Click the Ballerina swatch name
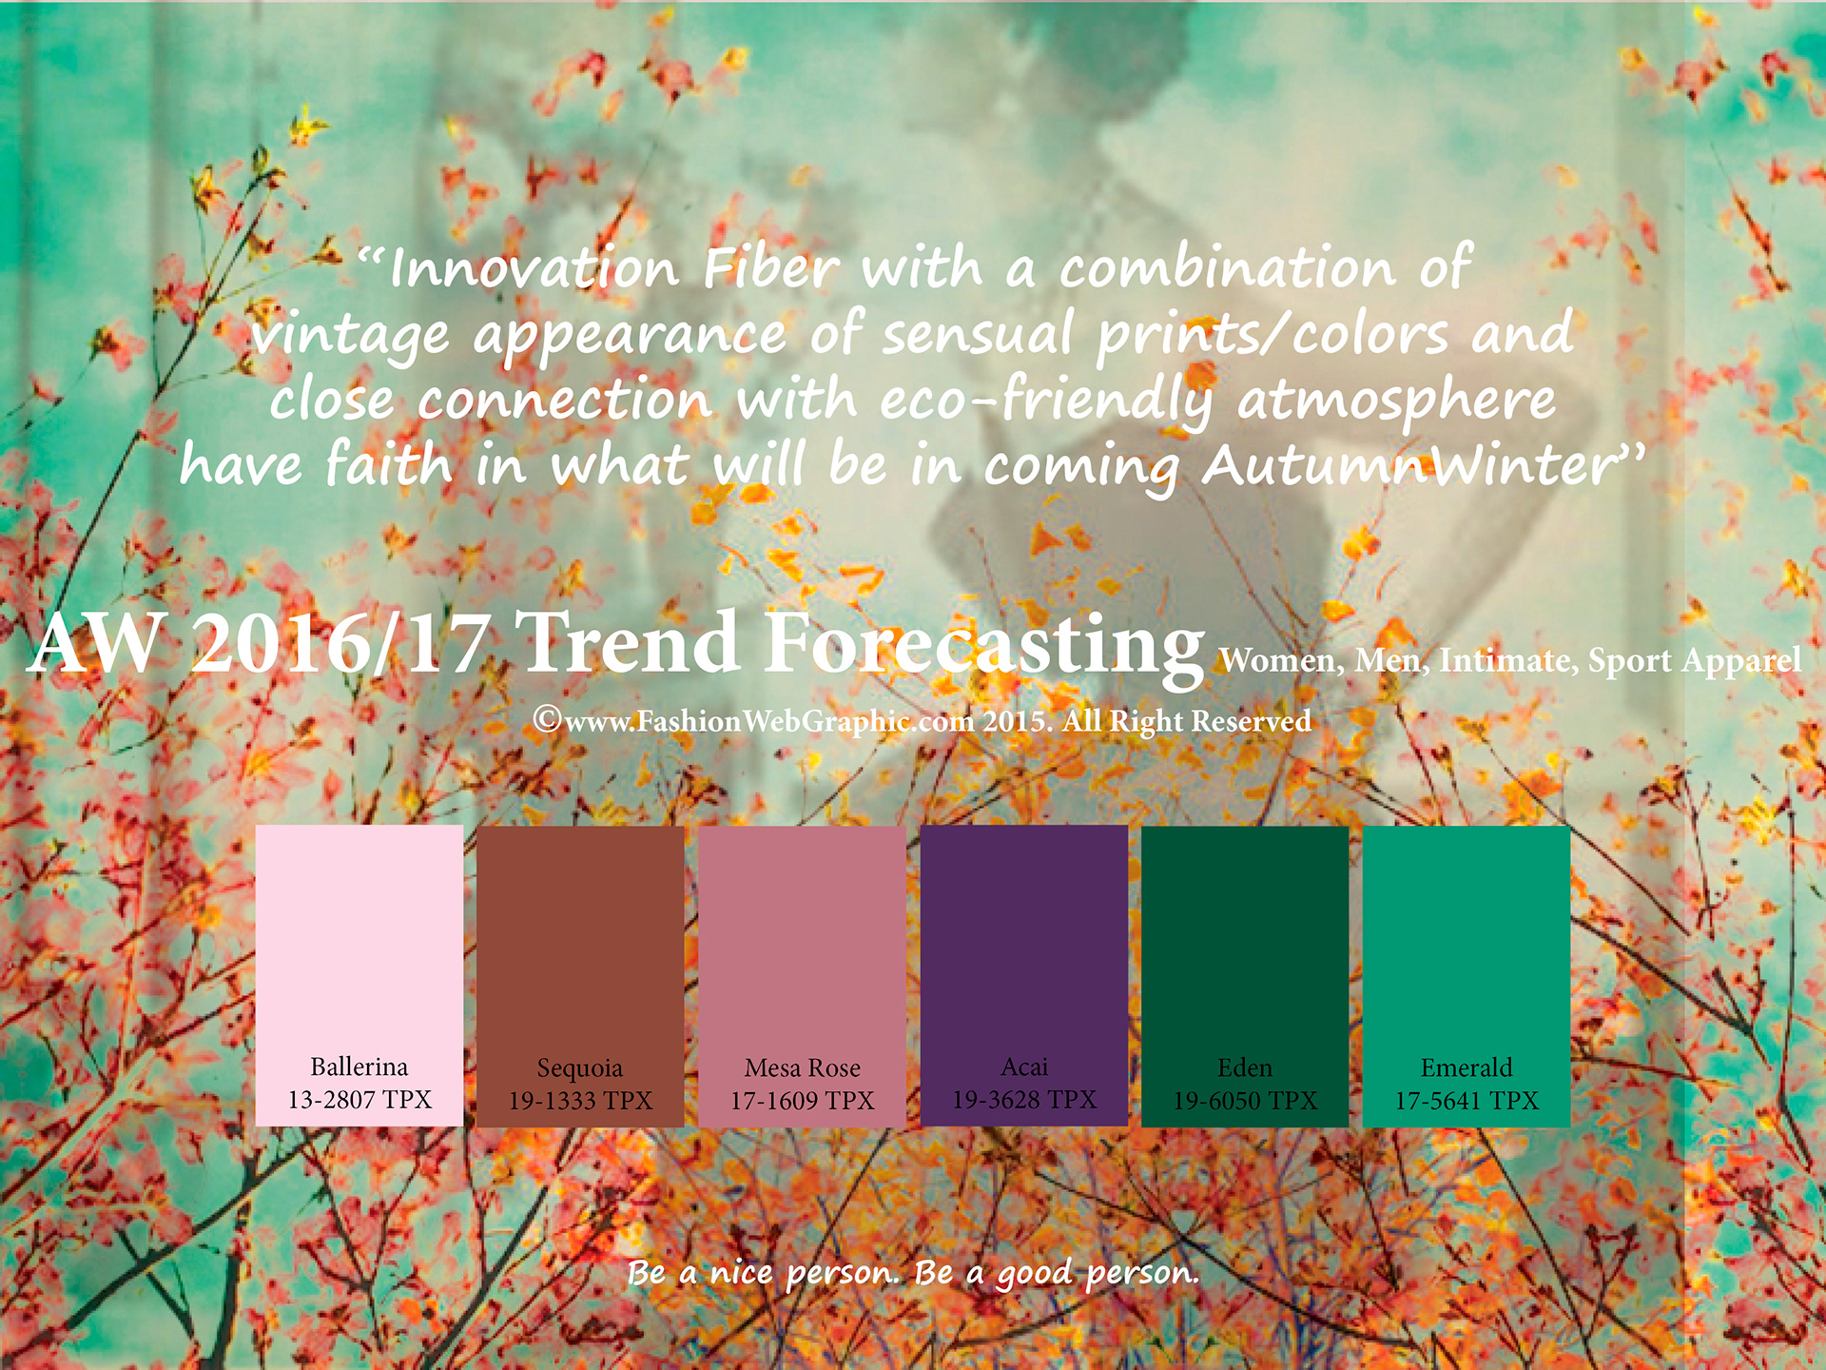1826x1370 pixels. (359, 1067)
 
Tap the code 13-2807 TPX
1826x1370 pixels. (359, 1100)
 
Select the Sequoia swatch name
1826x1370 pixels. (580, 1068)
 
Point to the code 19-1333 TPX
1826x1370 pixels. (580, 1101)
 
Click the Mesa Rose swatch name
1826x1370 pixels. (803, 1067)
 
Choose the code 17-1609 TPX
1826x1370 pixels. (802, 1101)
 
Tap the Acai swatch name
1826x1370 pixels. (1024, 1067)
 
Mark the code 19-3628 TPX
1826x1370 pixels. (1024, 1100)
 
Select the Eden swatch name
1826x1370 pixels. (1245, 1067)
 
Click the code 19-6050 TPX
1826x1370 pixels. (1245, 1101)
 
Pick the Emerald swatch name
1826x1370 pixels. (1467, 1067)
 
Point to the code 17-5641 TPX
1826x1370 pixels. (1467, 1101)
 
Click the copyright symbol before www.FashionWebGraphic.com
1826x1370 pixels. (547, 719)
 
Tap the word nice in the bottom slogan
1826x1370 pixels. (741, 1272)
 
